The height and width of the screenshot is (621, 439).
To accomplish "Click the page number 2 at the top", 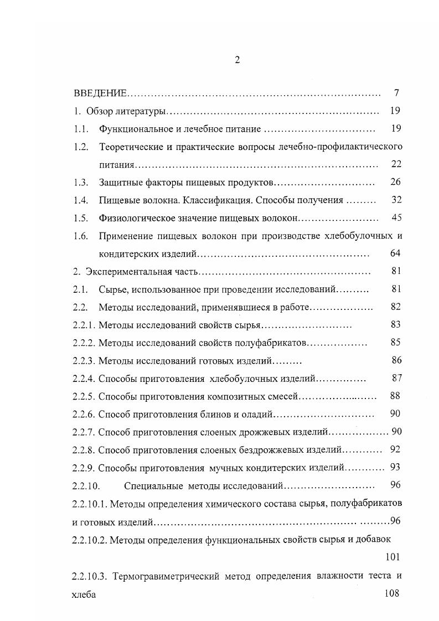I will (x=237, y=60).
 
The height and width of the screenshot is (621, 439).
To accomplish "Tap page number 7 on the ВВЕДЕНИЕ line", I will (x=396, y=92).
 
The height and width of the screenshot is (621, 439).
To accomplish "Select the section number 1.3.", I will (x=81, y=182).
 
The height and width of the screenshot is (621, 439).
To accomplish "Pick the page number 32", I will (x=395, y=200).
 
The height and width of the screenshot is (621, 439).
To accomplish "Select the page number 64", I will (x=395, y=253).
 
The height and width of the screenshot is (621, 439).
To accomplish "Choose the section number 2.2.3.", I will (x=84, y=361).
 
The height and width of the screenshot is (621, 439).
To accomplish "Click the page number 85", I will (x=395, y=343).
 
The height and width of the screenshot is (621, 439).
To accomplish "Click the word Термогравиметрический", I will (x=164, y=576).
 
